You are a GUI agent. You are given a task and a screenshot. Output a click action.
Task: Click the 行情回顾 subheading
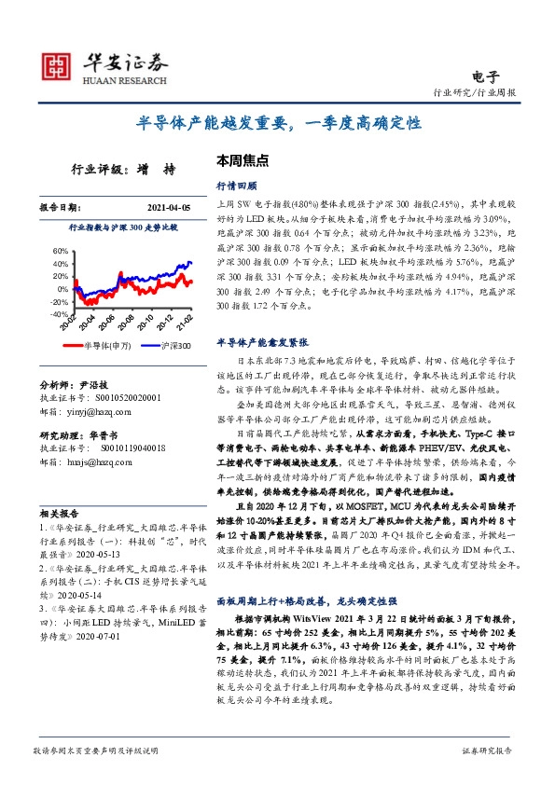[233, 185]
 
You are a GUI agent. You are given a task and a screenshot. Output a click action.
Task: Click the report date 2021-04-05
[168, 207]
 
